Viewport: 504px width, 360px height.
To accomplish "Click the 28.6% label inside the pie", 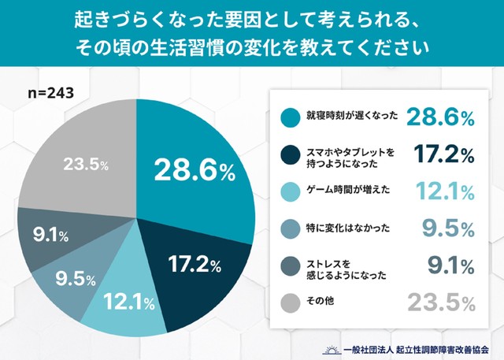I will pyautogui.click(x=194, y=171).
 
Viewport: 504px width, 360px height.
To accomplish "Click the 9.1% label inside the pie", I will pyautogui.click(x=48, y=234).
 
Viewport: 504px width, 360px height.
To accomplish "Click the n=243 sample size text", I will pyautogui.click(x=51, y=94).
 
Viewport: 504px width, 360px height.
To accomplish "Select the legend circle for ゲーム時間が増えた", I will pyautogui.click(x=289, y=191).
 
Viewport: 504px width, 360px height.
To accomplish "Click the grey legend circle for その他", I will pyautogui.click(x=289, y=302).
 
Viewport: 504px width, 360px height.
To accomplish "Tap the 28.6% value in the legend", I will pyautogui.click(x=440, y=117).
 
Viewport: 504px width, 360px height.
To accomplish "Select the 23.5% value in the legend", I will pyautogui.click(x=440, y=302).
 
